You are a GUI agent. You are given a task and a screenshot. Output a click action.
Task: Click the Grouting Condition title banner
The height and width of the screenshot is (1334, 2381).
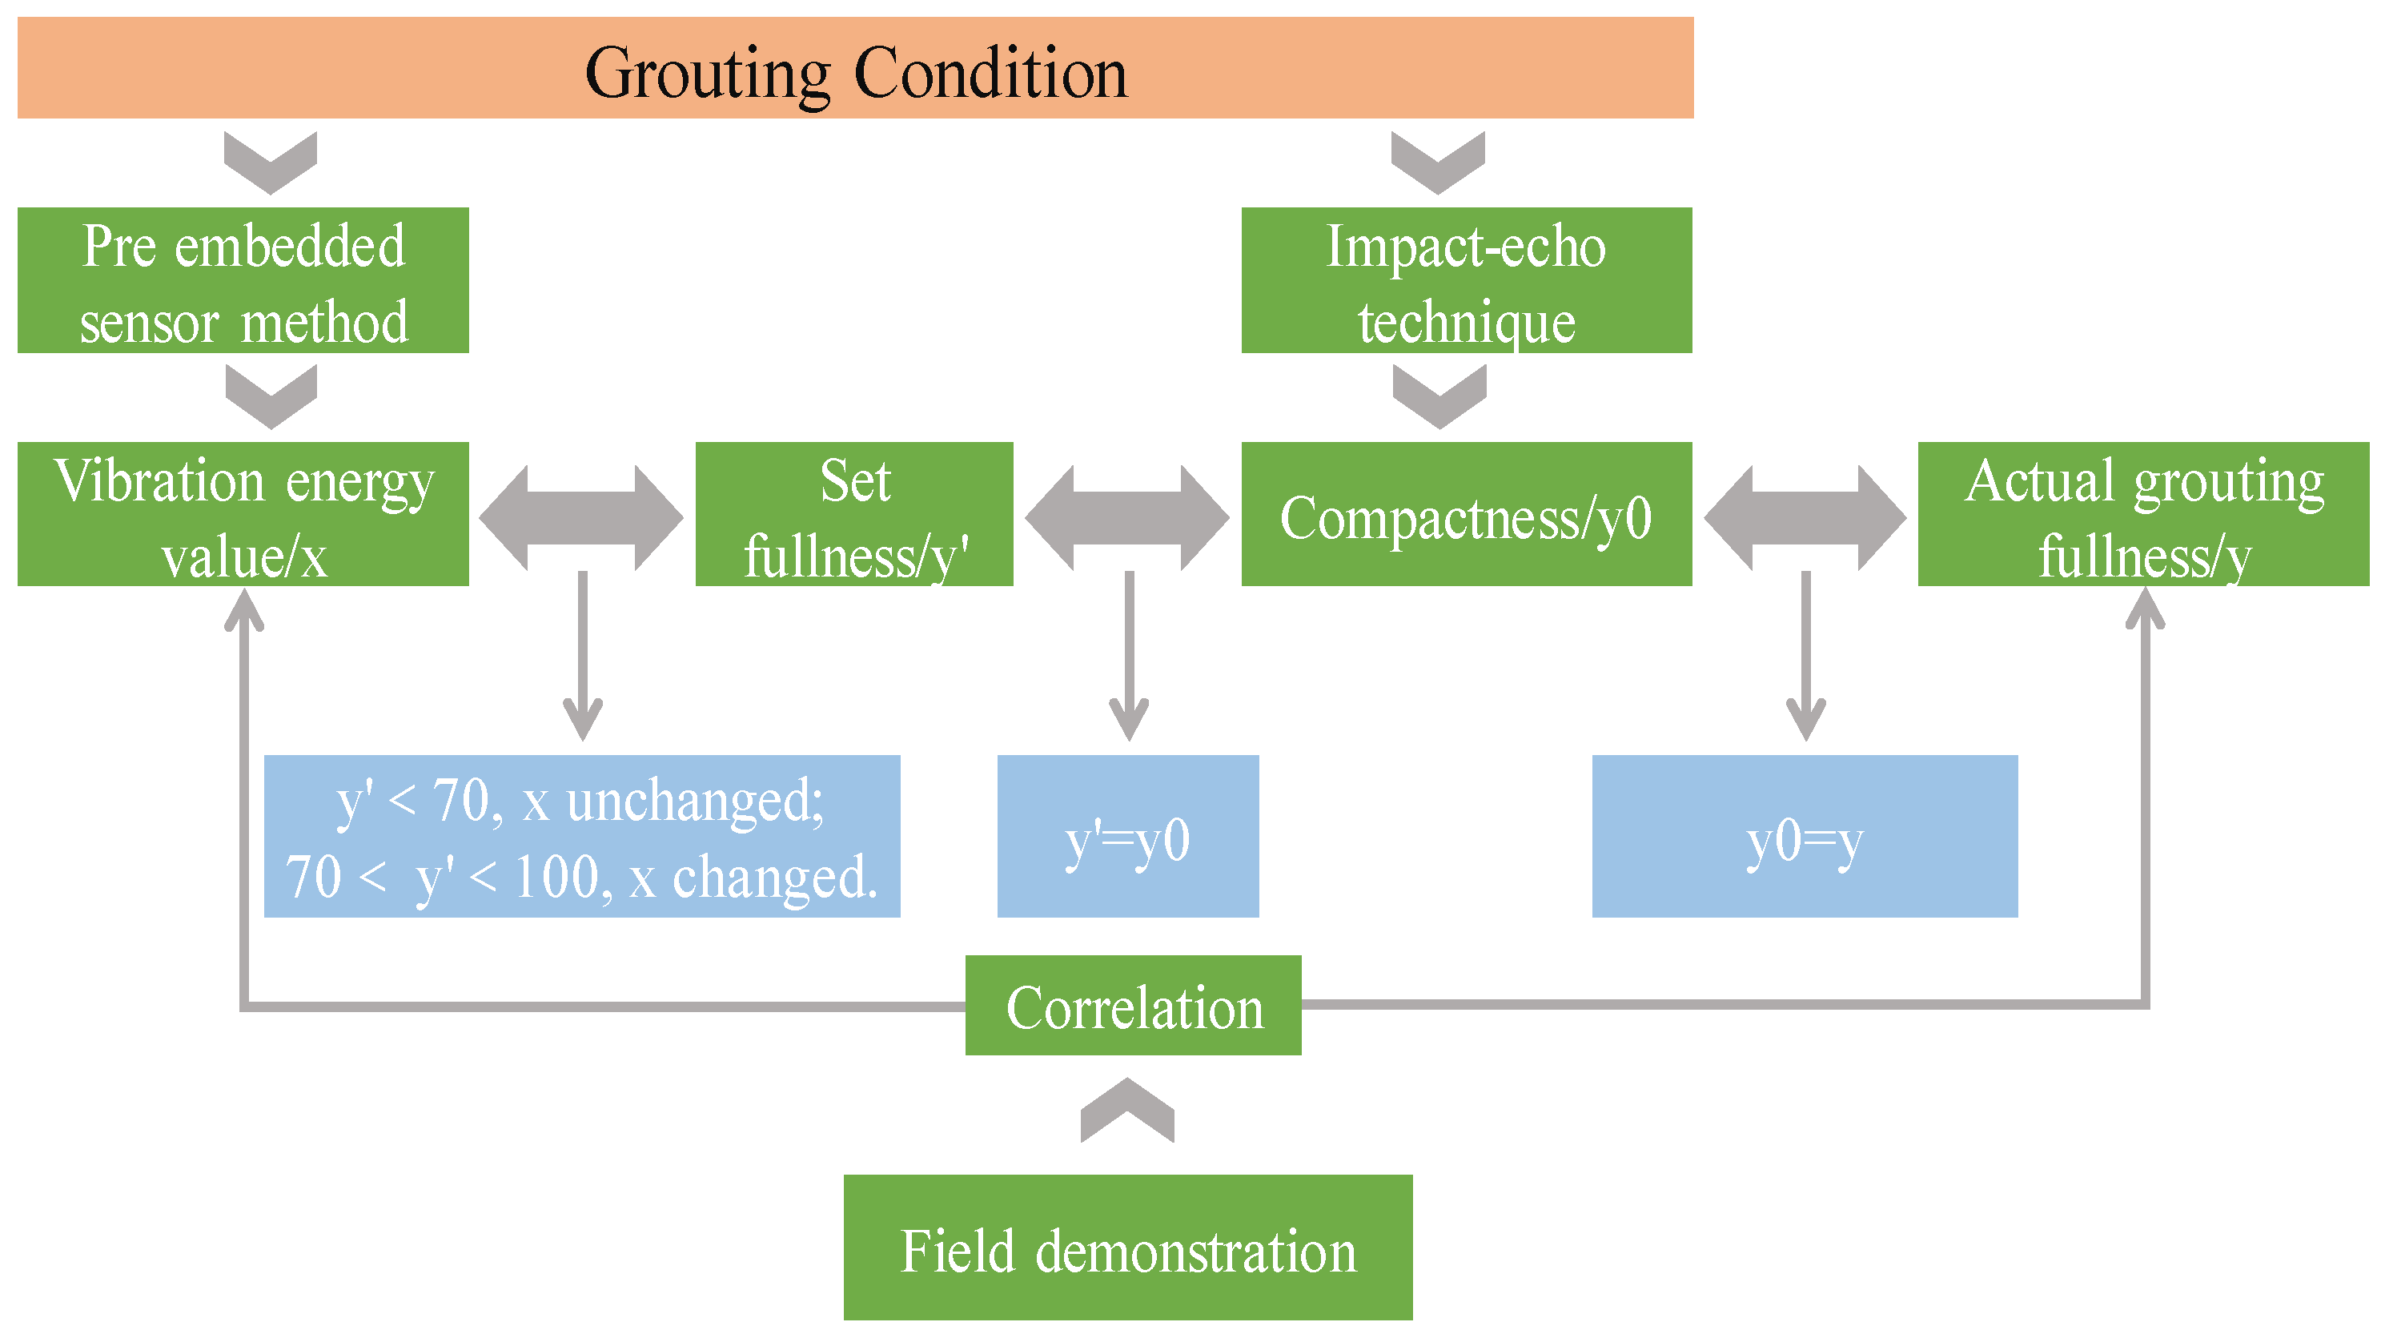[855, 68]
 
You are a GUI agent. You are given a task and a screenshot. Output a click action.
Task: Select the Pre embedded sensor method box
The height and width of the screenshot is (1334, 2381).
[243, 280]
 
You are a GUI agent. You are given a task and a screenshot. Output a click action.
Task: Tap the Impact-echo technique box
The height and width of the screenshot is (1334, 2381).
[1466, 280]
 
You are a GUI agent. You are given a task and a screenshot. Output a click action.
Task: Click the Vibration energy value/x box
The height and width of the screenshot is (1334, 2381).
[243, 514]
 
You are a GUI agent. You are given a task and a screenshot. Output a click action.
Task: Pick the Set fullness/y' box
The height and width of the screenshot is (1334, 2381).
[854, 514]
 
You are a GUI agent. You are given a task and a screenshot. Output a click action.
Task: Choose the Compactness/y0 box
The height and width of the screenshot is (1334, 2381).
[1466, 514]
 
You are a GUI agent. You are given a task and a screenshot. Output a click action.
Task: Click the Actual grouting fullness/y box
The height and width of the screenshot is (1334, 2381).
[2142, 514]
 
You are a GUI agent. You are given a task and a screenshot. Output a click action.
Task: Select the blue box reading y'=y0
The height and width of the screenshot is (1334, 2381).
[1127, 837]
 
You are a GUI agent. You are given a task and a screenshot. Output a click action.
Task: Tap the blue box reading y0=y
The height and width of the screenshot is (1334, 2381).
[1805, 837]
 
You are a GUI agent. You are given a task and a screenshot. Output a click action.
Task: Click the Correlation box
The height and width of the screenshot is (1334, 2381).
[1133, 1006]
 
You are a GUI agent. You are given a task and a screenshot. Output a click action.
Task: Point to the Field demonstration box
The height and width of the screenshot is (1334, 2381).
[1127, 1248]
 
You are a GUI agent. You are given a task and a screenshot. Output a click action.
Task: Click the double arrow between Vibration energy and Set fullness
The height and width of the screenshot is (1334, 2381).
[581, 518]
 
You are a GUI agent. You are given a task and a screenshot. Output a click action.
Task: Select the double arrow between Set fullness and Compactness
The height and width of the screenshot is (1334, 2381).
[1127, 518]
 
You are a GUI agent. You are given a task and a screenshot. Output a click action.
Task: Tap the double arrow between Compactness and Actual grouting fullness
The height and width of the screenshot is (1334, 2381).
[1805, 518]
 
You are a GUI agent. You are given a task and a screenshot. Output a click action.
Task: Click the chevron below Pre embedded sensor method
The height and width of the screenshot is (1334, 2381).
[271, 396]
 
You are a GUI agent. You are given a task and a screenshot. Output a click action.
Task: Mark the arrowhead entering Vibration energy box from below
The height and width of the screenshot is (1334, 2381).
[244, 610]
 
